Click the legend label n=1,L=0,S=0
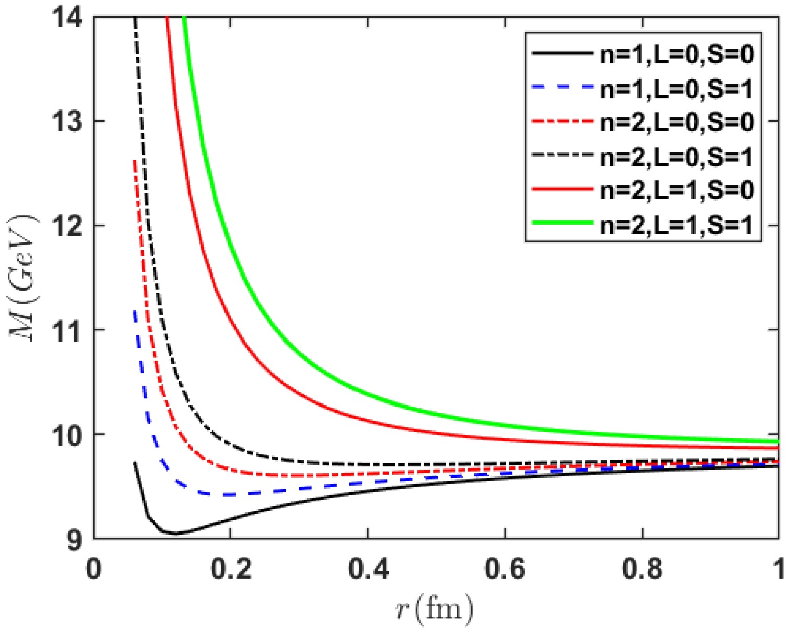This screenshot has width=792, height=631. pyautogui.click(x=677, y=54)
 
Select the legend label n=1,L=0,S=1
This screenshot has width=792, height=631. pyautogui.click(x=677, y=89)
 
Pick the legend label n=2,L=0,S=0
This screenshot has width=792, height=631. pyautogui.click(x=677, y=122)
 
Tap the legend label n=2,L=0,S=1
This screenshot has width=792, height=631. pyautogui.click(x=677, y=156)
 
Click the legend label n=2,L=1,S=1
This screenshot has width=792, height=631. pyautogui.click(x=677, y=224)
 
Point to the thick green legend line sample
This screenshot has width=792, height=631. pyautogui.click(x=563, y=223)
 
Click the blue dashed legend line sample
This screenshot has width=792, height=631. pyautogui.click(x=563, y=87)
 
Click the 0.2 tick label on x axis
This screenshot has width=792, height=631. pyautogui.click(x=231, y=569)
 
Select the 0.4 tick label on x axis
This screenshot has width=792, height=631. pyautogui.click(x=368, y=569)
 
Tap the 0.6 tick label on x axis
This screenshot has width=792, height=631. pyautogui.click(x=506, y=569)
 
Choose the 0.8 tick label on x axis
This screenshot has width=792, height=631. pyautogui.click(x=642, y=569)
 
